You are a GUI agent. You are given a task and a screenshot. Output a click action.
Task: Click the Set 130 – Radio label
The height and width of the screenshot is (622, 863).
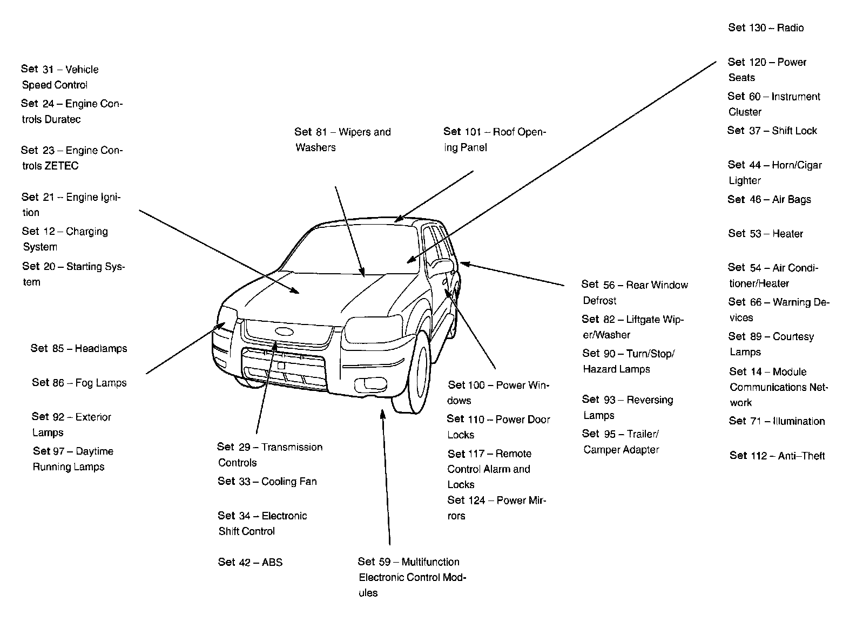(765, 28)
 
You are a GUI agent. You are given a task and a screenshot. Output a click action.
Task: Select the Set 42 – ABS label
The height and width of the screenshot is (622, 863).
(250, 562)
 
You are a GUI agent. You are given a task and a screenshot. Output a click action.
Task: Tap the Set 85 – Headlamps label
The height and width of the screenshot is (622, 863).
(79, 348)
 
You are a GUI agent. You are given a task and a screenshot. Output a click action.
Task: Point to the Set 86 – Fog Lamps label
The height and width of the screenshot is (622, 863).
(79, 383)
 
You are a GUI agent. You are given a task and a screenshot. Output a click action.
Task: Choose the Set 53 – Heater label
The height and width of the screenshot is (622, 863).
(765, 234)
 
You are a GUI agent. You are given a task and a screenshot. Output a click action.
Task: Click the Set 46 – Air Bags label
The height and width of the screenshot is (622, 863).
(769, 200)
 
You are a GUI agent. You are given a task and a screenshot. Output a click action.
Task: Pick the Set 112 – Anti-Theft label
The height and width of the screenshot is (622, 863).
(777, 456)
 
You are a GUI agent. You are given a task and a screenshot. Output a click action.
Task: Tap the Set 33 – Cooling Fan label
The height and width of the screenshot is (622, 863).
(267, 481)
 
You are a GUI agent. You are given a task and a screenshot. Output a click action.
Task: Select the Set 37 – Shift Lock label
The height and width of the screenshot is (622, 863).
(772, 131)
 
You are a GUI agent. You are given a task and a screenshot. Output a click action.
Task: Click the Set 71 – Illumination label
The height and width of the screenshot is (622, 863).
(777, 421)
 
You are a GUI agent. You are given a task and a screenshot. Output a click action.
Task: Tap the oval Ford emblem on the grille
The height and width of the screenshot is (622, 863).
(283, 332)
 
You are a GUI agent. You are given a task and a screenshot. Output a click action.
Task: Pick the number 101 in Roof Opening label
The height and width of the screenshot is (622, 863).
(474, 132)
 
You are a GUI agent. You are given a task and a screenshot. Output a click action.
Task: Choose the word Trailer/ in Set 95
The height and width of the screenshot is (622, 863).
(643, 434)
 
